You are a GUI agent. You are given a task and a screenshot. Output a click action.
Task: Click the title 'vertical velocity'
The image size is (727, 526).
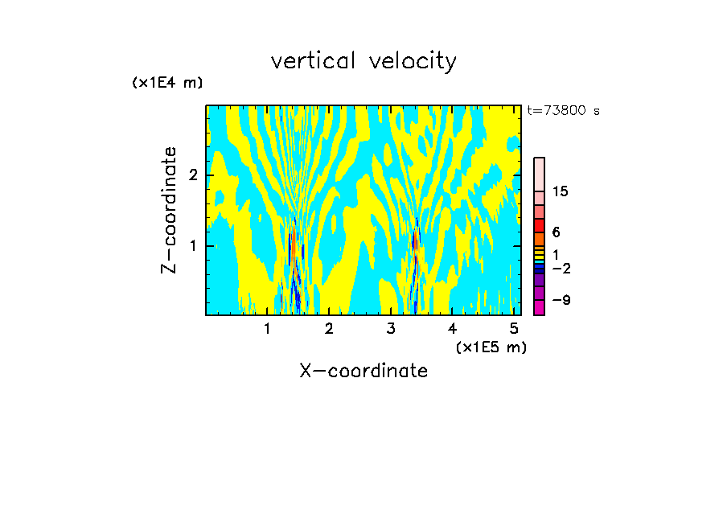[363, 61]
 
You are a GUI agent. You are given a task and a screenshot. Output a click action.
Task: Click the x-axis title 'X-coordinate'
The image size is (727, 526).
[363, 371]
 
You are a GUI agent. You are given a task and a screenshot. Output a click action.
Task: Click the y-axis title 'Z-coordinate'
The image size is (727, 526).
[169, 210]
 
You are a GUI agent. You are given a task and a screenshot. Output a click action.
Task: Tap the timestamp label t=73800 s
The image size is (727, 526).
[563, 111]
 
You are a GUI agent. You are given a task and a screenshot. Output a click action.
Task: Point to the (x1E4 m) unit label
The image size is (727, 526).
[167, 83]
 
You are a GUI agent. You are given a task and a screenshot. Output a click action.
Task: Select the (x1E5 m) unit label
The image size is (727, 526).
[491, 347]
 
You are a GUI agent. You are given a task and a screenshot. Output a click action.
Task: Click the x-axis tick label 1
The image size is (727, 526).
[268, 328]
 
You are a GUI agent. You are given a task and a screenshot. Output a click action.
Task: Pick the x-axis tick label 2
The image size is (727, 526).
[329, 328]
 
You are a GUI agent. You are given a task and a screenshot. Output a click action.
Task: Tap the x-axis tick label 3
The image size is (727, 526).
[391, 328]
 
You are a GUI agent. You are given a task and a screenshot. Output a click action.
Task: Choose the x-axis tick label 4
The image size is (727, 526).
[452, 328]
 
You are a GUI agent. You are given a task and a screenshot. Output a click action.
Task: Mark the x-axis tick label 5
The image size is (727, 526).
[514, 328]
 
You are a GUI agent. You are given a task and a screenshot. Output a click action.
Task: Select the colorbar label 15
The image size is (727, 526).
[561, 191]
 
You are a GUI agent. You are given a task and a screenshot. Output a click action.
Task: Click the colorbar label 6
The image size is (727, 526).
[556, 232]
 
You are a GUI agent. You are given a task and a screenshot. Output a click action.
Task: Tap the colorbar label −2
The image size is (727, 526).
[561, 269]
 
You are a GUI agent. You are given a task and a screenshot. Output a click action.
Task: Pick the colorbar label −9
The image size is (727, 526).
[561, 301]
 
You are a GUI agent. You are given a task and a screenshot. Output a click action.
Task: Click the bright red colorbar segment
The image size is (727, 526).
[539, 225]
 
